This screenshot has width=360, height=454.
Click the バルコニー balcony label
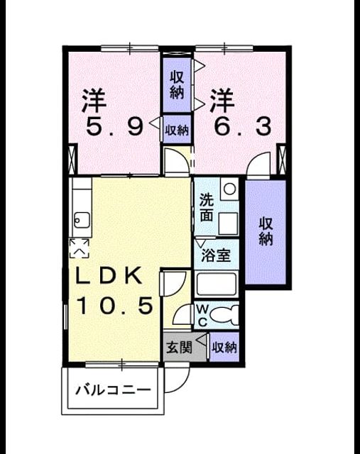click(114, 390)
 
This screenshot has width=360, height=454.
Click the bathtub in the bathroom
click(217, 284)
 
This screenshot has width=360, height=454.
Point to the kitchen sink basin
click(82, 221)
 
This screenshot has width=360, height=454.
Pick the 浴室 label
click(216, 255)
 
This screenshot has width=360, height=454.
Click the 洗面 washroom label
click(207, 208)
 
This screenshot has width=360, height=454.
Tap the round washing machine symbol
click(230, 189)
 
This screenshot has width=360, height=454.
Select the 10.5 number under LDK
click(115, 306)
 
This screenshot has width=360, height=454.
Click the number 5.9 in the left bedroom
click(114, 127)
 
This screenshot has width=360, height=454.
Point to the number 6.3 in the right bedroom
click(243, 126)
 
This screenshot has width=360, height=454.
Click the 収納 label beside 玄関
click(224, 347)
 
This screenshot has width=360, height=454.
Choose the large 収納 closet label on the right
click(266, 232)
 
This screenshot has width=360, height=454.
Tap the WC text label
click(202, 315)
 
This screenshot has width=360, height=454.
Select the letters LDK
click(109, 275)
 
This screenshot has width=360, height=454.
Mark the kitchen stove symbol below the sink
click(79, 248)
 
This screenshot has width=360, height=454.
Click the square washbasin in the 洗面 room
click(228, 224)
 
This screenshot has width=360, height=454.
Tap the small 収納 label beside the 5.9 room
click(177, 131)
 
